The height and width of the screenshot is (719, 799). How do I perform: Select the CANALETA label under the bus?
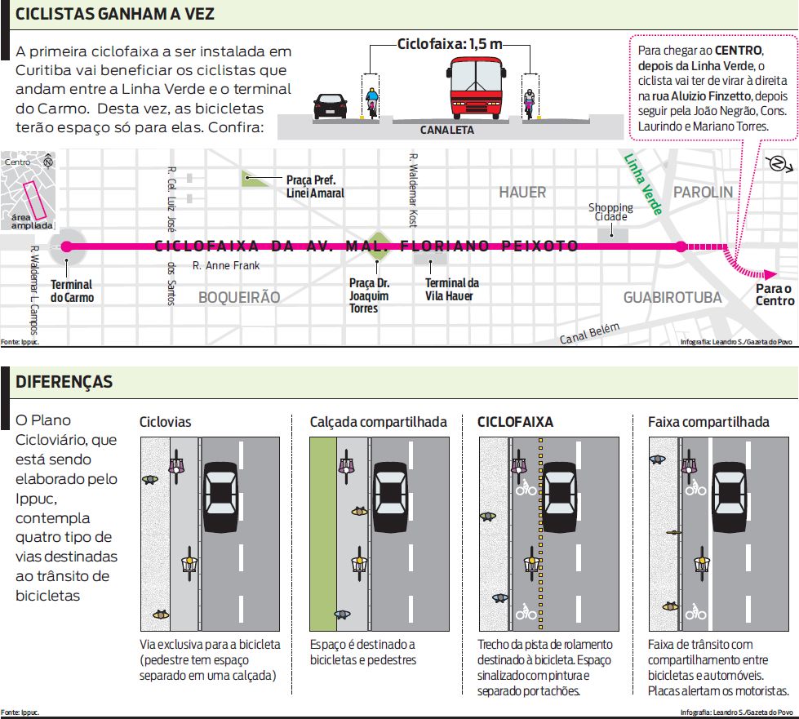click(446, 130)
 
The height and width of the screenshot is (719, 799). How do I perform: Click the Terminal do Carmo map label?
click(72, 291)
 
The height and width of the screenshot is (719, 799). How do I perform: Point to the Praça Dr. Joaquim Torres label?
click(369, 295)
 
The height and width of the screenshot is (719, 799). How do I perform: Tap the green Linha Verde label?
click(642, 184)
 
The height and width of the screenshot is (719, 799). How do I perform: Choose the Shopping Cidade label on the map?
click(610, 212)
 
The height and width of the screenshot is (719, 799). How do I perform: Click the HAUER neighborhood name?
click(522, 193)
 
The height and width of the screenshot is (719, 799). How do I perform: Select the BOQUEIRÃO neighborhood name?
click(238, 298)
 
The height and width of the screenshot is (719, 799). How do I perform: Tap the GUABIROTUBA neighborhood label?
click(672, 298)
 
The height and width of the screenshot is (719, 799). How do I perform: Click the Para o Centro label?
click(774, 295)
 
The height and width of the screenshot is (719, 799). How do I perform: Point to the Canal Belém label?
click(590, 333)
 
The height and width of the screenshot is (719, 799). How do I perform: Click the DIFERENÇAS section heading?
click(64, 382)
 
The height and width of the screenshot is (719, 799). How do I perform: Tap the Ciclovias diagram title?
click(166, 422)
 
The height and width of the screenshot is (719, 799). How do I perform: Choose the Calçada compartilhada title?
click(378, 422)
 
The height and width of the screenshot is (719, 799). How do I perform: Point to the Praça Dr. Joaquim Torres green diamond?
click(377, 245)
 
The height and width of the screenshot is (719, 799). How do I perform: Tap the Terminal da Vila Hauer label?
click(452, 289)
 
